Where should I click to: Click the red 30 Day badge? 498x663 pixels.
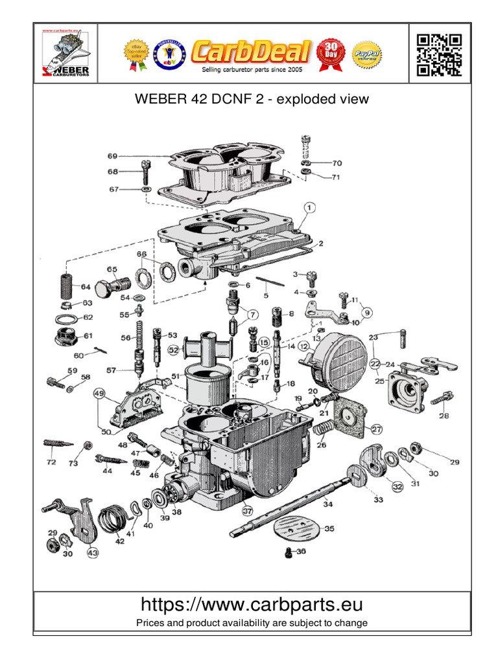click(x=332, y=52)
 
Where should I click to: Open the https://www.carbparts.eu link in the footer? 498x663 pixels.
click(x=252, y=605)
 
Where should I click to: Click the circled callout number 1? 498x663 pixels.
click(x=309, y=207)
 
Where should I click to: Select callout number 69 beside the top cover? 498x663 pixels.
click(x=112, y=156)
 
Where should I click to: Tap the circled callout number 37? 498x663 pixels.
click(x=247, y=510)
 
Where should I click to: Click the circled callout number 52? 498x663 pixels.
click(x=174, y=350)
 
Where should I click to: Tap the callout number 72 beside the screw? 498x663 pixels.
click(x=51, y=462)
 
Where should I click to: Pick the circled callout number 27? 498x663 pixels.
click(x=377, y=428)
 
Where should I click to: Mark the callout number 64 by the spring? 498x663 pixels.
click(x=85, y=287)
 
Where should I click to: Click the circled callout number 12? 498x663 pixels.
click(x=303, y=348)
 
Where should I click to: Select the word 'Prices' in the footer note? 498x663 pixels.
click(x=150, y=623)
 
